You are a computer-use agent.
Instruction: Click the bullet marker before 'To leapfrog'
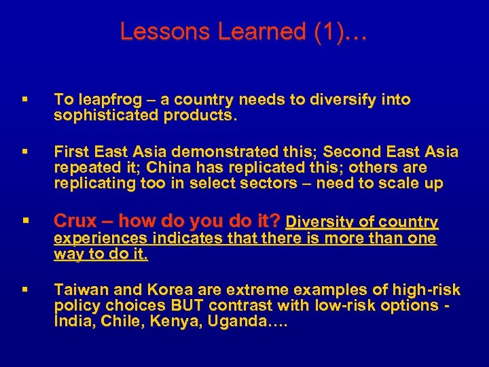pos(24,100)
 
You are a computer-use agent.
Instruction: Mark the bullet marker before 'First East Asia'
pos(24,152)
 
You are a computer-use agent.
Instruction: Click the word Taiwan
pos(79,290)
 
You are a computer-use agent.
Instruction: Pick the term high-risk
pos(427,290)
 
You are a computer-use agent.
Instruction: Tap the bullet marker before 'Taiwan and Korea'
pos(24,290)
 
